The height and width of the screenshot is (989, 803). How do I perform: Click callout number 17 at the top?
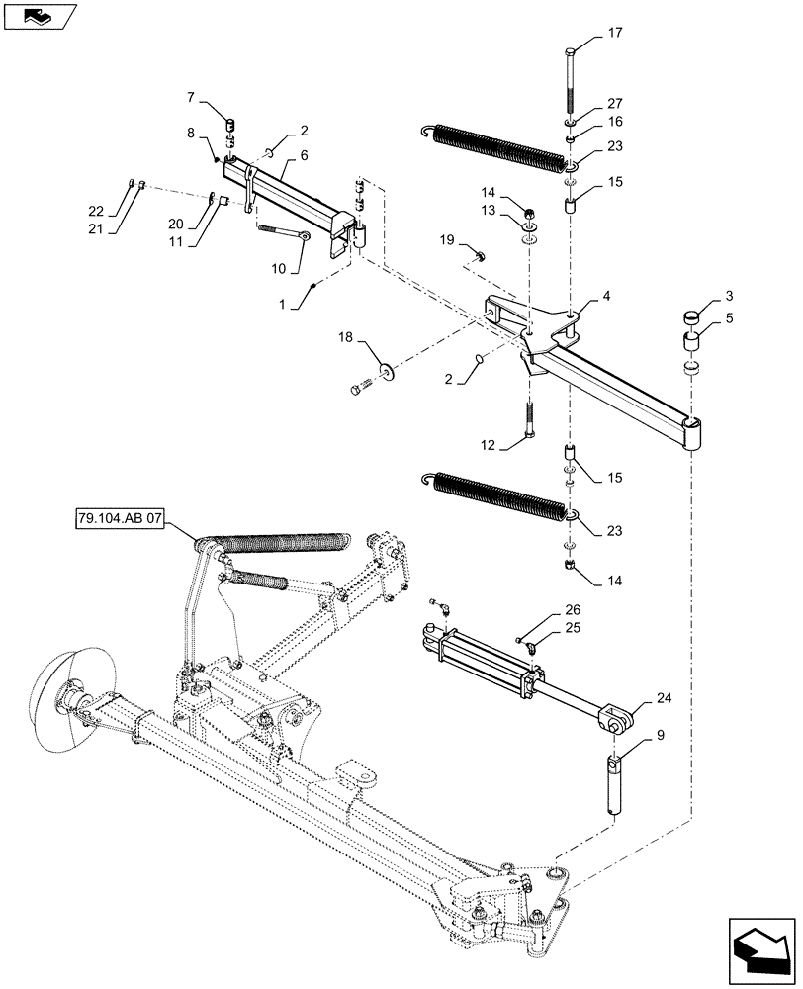(x=614, y=33)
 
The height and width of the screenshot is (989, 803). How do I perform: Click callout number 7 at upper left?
(x=191, y=97)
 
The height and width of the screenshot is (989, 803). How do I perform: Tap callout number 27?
(x=614, y=103)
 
